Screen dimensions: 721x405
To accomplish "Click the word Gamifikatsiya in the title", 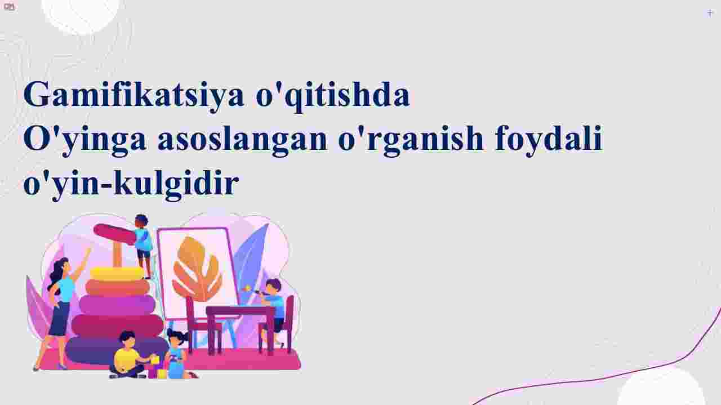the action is [x=134, y=95].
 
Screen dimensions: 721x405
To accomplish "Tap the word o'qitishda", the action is [x=333, y=96].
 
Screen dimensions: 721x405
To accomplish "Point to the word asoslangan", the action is [x=243, y=139].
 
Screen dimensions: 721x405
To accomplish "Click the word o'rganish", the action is [x=411, y=140].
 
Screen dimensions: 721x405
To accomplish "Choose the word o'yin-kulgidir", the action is [x=131, y=184].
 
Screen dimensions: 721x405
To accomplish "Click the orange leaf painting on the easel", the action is [x=197, y=269].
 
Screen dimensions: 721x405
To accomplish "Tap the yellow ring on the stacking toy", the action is [x=117, y=274].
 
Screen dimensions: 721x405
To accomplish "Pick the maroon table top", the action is [x=241, y=311].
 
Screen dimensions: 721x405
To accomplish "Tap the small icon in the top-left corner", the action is [x=10, y=6].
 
